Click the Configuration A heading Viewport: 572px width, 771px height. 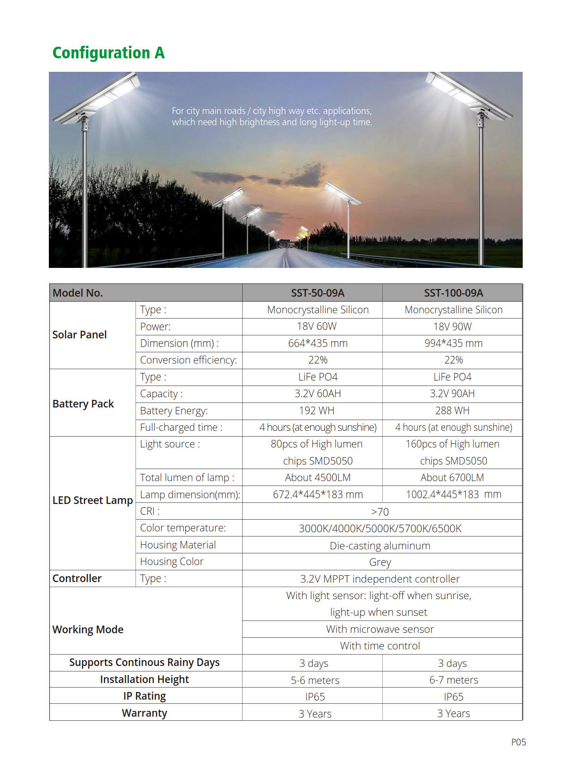click(x=108, y=53)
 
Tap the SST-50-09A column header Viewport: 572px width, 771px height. click(x=317, y=293)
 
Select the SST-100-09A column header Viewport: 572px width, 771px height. click(x=453, y=293)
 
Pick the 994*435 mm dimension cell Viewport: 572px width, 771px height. click(x=453, y=343)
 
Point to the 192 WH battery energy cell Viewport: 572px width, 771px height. click(x=316, y=411)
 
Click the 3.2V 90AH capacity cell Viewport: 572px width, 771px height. click(x=452, y=394)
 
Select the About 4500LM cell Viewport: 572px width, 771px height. click(x=317, y=477)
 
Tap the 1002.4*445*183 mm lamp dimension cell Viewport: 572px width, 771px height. click(x=453, y=495)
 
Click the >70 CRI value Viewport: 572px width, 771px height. click(x=380, y=512)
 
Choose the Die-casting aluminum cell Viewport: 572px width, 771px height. click(x=380, y=546)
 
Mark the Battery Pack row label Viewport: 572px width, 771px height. click(x=83, y=404)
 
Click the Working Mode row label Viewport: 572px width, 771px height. click(x=88, y=630)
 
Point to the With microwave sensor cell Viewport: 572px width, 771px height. click(x=380, y=629)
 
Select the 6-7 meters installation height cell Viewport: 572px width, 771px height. click(x=453, y=680)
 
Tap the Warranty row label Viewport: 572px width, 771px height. click(x=144, y=713)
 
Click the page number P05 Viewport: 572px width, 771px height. click(x=518, y=742)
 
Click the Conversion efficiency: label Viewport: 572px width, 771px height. click(x=188, y=360)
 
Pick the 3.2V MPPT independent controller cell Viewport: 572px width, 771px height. click(x=380, y=579)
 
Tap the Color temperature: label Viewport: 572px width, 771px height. click(x=183, y=528)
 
